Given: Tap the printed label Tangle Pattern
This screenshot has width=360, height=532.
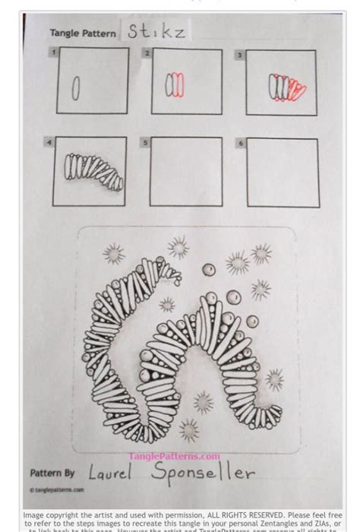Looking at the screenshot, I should coord(84,33).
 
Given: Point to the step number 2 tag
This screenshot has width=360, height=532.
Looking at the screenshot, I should coord(147,53).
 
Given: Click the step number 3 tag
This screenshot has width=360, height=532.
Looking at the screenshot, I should coord(239,55).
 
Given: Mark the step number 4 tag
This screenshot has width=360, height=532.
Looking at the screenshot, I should coord(49,141).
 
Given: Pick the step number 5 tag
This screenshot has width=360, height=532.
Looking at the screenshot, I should coord(146,142).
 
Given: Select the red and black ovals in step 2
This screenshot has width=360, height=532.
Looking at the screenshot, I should coord(175,84).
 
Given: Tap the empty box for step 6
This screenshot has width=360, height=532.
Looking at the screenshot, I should coord(283,173).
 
